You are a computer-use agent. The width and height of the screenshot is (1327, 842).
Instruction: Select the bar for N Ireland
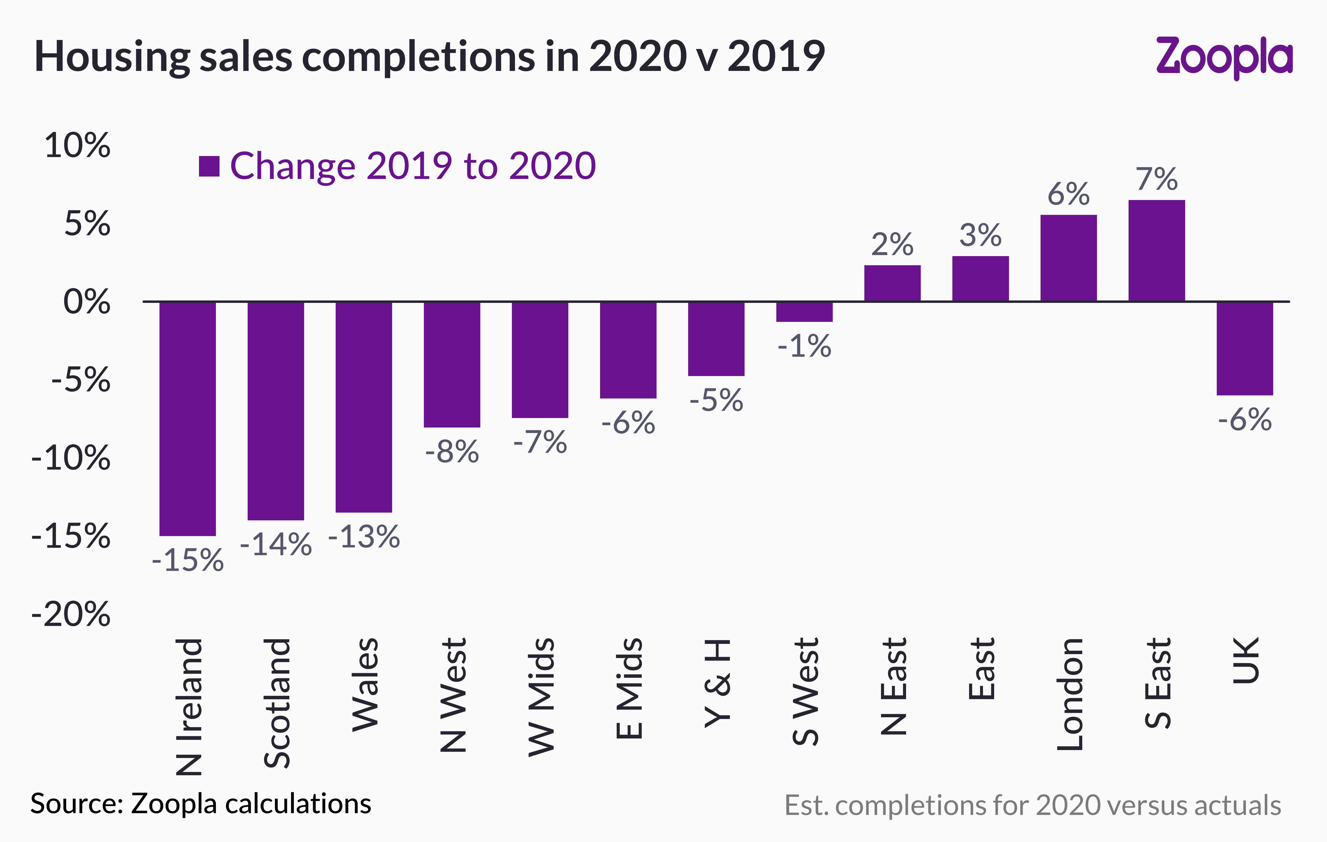(187, 419)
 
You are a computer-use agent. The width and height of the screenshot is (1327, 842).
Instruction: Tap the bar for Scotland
(276, 411)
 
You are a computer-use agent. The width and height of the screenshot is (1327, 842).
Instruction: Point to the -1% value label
(804, 347)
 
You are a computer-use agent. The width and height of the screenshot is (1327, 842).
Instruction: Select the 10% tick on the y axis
(77, 146)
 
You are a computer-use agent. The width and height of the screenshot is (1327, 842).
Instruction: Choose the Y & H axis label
(717, 683)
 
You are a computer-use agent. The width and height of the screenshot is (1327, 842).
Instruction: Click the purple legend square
(209, 166)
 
